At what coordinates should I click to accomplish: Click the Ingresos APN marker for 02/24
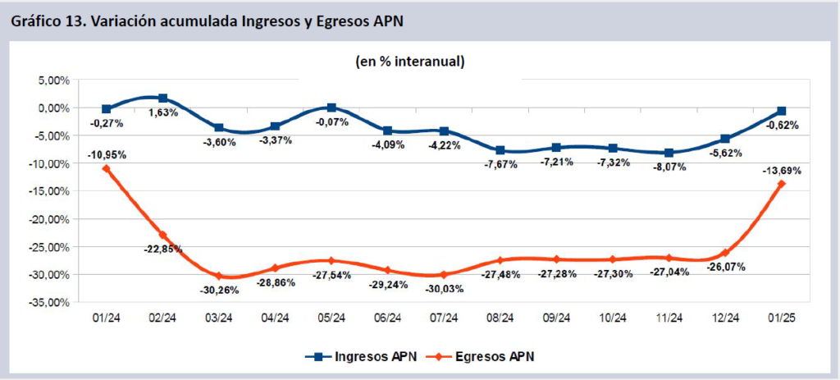coord(162,98)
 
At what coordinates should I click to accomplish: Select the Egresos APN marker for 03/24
coord(219,277)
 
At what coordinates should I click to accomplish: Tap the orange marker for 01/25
coord(782,184)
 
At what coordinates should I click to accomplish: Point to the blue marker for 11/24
coord(669,153)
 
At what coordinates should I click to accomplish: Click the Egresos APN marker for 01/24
coord(107,168)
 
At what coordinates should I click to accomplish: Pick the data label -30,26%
coord(219,290)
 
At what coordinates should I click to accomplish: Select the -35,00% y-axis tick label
coord(47,302)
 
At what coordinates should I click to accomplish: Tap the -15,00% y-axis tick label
coord(47,191)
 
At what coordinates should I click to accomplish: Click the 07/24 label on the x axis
coord(444,318)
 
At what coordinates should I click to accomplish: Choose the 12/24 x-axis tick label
coord(724,318)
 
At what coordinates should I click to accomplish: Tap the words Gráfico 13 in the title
coord(48,21)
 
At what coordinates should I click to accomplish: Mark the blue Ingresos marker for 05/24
coord(331,108)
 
